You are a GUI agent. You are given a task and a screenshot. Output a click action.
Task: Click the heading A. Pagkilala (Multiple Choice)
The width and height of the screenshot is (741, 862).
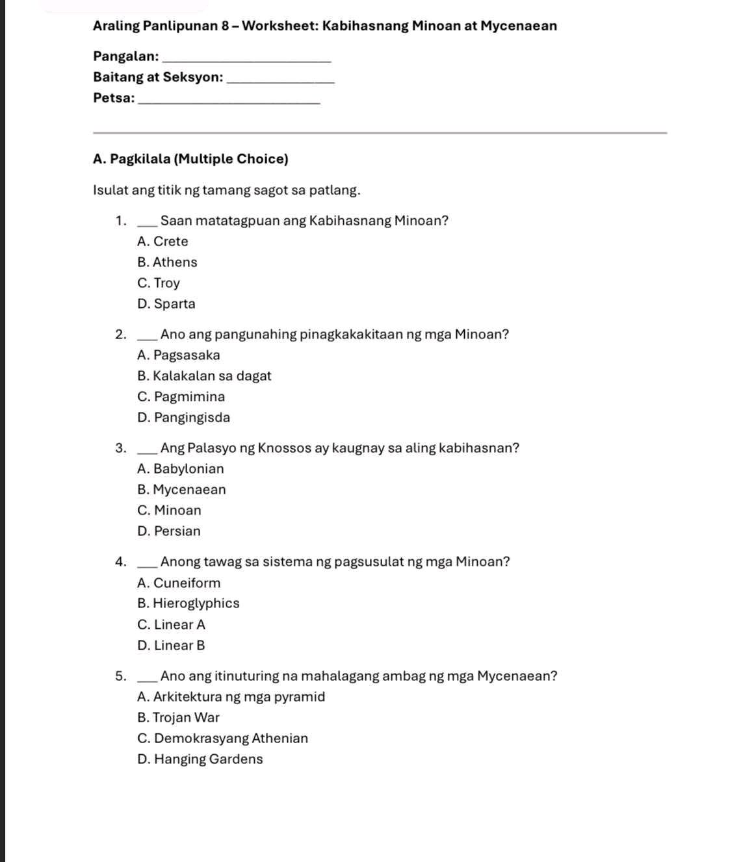pyautogui.click(x=190, y=159)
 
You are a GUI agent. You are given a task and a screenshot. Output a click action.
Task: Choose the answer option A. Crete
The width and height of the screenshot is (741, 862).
pyautogui.click(x=162, y=242)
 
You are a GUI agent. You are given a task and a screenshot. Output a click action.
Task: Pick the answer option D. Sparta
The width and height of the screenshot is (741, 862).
pyautogui.click(x=166, y=304)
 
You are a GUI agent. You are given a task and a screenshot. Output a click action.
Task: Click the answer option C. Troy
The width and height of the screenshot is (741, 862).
pyautogui.click(x=159, y=283)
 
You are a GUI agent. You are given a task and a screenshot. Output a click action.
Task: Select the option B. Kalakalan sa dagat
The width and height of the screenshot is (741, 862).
pyautogui.click(x=204, y=376)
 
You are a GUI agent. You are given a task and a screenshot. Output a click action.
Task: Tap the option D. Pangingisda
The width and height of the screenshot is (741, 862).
pyautogui.click(x=184, y=418)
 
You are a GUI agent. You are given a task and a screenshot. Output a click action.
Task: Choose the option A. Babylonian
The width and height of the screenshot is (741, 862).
pyautogui.click(x=181, y=469)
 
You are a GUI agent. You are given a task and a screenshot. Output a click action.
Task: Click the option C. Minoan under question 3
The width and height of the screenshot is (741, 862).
pyautogui.click(x=170, y=511)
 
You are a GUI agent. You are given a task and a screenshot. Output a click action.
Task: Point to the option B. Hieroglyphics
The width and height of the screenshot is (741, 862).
pyautogui.click(x=188, y=603)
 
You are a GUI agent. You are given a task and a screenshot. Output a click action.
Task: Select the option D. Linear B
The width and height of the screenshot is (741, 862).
pyautogui.click(x=172, y=646)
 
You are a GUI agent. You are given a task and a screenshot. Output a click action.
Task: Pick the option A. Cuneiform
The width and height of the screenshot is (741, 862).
pyautogui.click(x=179, y=583)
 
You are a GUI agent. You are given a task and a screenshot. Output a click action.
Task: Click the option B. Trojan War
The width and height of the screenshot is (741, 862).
pyautogui.click(x=179, y=718)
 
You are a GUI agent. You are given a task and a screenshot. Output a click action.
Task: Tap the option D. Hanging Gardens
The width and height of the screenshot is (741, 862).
pyautogui.click(x=200, y=759)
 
